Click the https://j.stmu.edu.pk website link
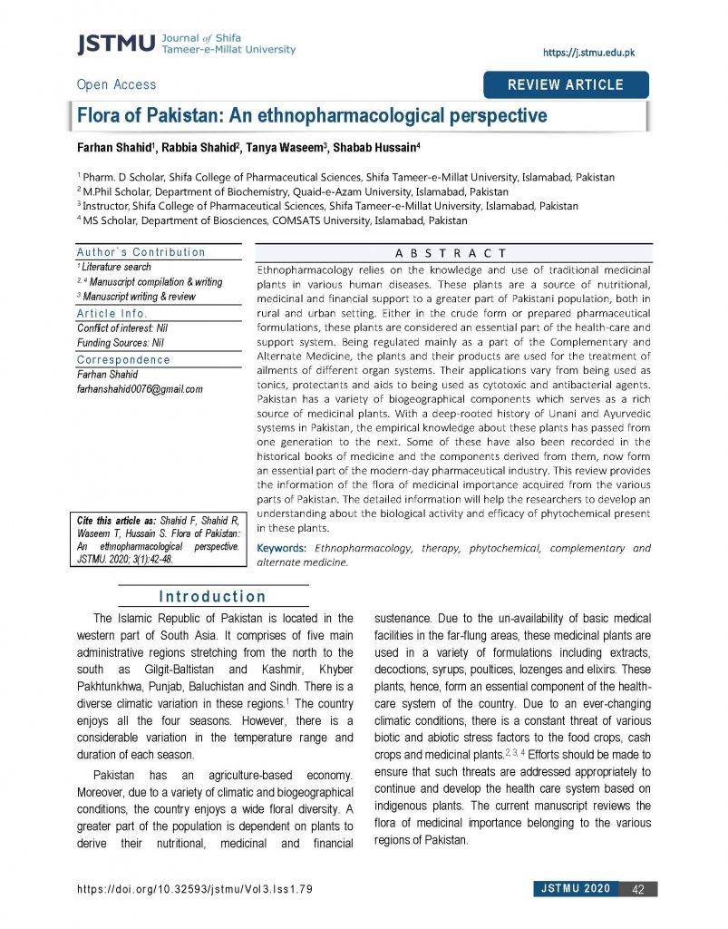[588, 53]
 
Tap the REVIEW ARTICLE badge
[566, 84]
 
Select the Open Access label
[116, 84]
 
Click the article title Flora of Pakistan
[312, 116]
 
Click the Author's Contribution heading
[141, 252]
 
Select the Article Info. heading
[116, 313]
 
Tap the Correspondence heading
[123, 359]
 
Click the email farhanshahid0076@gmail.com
[140, 389]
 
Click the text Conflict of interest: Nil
[121, 328]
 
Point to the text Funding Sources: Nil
[120, 343]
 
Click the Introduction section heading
[212, 597]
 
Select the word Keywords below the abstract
[282, 548]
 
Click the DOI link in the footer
[196, 889]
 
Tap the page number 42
[637, 889]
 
